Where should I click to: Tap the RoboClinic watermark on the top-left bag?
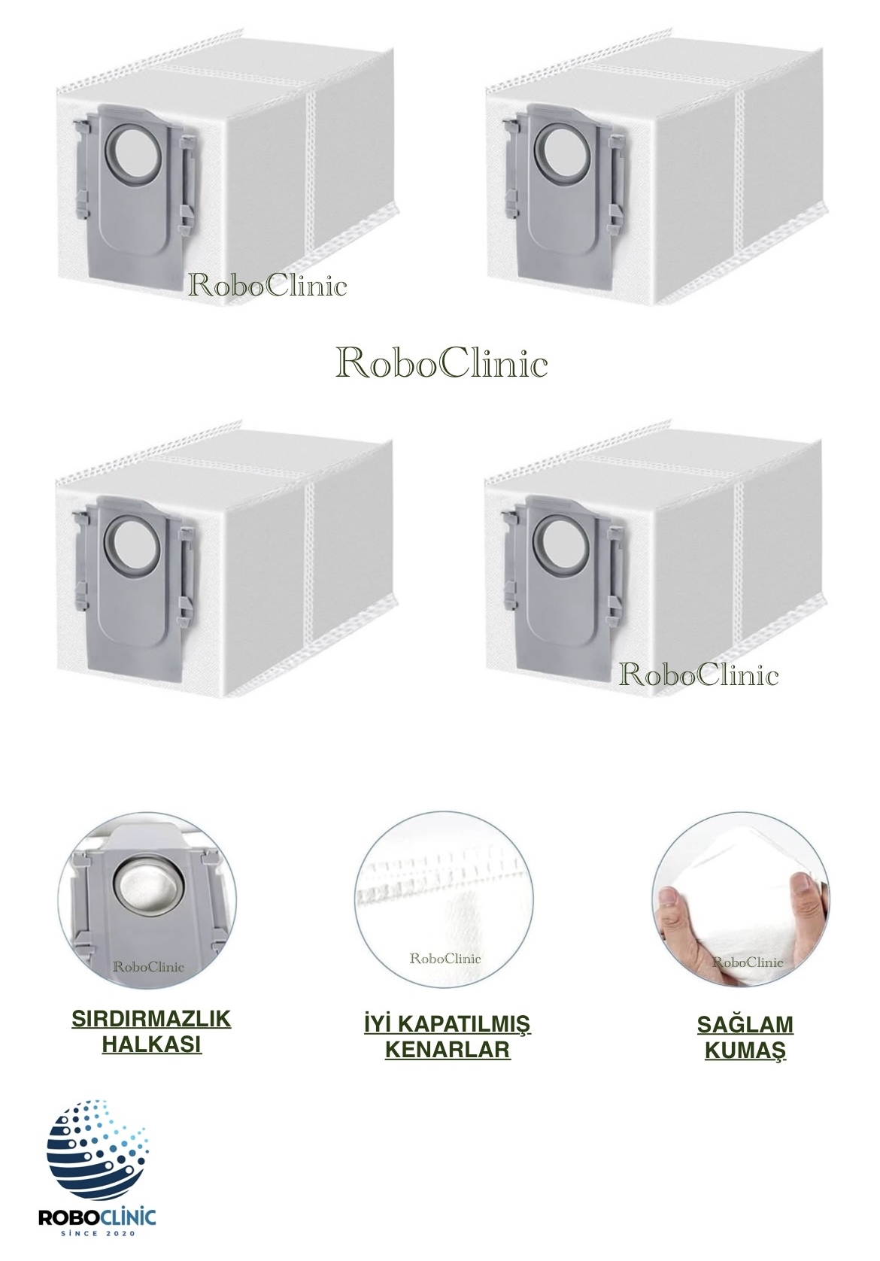[268, 286]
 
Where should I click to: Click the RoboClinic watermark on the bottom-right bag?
[699, 674]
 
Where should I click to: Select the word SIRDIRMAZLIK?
[151, 1019]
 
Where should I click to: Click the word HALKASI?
[151, 1044]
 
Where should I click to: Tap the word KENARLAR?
[448, 1050]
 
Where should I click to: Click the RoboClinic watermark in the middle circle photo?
[445, 959]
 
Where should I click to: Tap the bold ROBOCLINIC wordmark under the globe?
[97, 1217]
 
